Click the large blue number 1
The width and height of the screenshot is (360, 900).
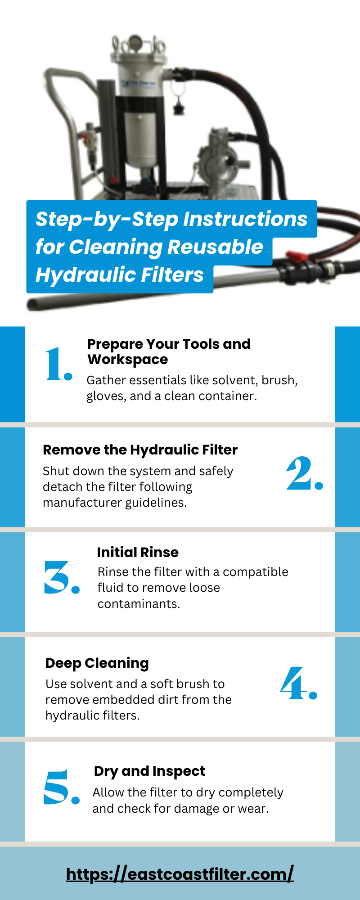pyautogui.click(x=58, y=364)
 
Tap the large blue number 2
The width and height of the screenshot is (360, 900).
pyautogui.click(x=305, y=473)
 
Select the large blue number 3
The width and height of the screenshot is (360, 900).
pyautogui.click(x=62, y=577)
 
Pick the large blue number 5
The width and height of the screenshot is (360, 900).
pyautogui.click(x=62, y=787)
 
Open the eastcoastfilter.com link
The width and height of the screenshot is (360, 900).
pyautogui.click(x=180, y=874)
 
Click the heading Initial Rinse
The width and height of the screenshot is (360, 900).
pyautogui.click(x=138, y=552)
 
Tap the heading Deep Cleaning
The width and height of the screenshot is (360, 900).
pyautogui.click(x=97, y=663)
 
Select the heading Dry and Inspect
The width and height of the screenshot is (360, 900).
pyautogui.click(x=149, y=771)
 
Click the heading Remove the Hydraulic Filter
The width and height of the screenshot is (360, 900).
pyautogui.click(x=140, y=450)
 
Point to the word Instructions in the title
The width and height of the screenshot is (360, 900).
pyautogui.click(x=245, y=219)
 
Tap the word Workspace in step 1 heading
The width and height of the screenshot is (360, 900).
pyautogui.click(x=128, y=360)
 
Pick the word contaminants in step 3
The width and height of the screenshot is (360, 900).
pyautogui.click(x=139, y=604)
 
